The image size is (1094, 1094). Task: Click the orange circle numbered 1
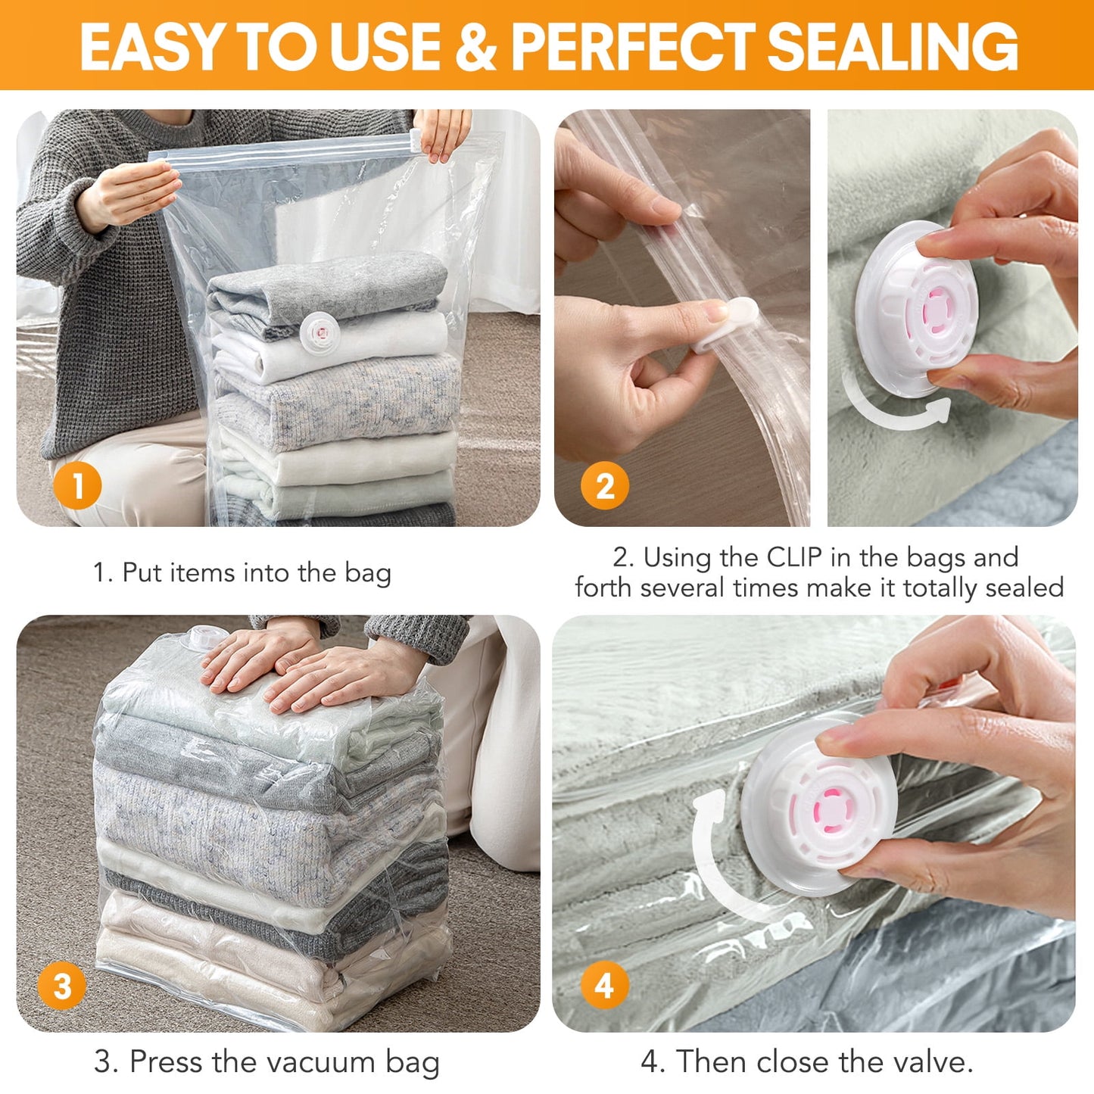pyautogui.click(x=77, y=485)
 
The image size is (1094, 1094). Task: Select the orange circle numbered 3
pyautogui.click(x=62, y=986)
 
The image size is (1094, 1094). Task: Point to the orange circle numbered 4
pyautogui.click(x=604, y=986)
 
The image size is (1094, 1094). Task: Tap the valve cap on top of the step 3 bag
pyautogui.click(x=203, y=637)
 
